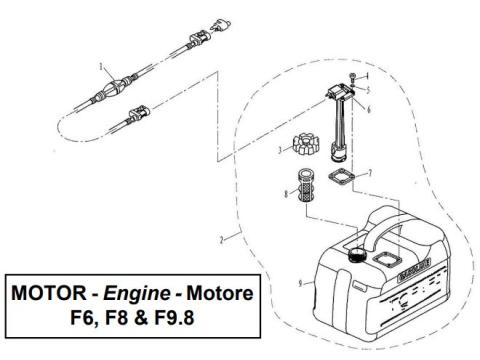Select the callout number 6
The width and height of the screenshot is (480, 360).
pyautogui.click(x=368, y=109)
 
